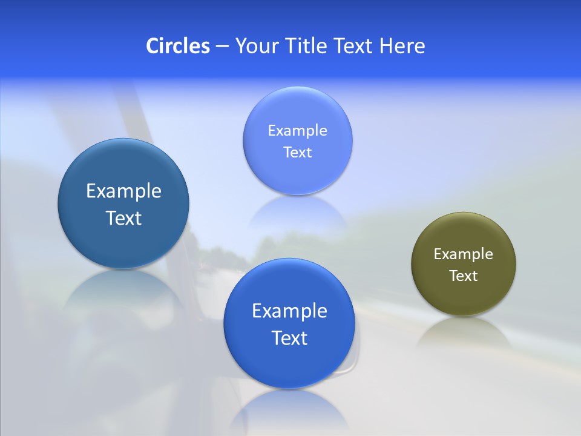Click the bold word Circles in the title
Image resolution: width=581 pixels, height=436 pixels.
[177, 46]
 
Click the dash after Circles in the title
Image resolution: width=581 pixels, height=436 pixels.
[222, 47]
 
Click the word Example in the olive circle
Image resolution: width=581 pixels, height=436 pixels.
[464, 254]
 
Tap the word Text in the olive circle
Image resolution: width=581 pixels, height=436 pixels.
[464, 276]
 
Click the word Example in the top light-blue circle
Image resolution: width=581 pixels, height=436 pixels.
[297, 131]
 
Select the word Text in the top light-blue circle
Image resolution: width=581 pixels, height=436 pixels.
[297, 153]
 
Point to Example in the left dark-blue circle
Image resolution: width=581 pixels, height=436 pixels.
[123, 191]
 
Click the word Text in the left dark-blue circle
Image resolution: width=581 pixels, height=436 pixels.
[123, 218]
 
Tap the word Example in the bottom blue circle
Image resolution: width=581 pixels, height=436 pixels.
[289, 311]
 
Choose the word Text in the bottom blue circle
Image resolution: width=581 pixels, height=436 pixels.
[289, 338]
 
